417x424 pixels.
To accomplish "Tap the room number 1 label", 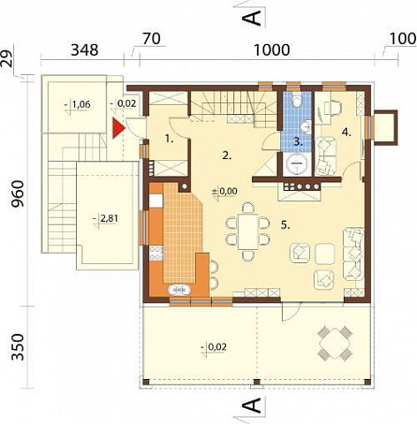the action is [x=170, y=139].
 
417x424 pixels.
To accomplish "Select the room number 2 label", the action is [x=227, y=155].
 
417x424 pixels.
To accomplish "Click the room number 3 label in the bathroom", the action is [x=298, y=142].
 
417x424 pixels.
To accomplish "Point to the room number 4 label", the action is [x=346, y=132].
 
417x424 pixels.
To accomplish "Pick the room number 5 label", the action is [x=285, y=225].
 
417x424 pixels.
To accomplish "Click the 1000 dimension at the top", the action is [x=271, y=49].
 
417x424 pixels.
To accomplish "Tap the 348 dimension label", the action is [x=85, y=49].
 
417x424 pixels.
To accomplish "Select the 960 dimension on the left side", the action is [x=18, y=193].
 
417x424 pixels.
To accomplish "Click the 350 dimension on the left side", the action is [x=18, y=347].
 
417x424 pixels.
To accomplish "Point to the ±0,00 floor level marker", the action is [x=224, y=192].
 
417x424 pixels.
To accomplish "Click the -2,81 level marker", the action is [x=105, y=219].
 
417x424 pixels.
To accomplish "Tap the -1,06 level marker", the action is [x=77, y=104].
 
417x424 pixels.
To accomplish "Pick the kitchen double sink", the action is [x=179, y=290].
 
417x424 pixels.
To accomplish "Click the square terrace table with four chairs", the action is [x=335, y=343].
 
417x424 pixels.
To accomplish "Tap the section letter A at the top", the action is [x=252, y=19].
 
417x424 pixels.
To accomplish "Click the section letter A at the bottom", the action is [x=252, y=405].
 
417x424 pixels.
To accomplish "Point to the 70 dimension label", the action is [x=152, y=39].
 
